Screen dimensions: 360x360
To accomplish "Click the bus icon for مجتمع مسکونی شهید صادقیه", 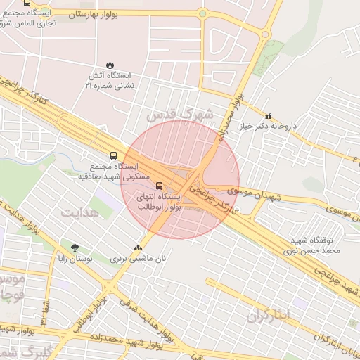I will point(113,155).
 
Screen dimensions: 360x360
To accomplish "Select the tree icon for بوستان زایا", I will point(75,247).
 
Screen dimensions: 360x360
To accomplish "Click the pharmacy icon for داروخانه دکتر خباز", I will point(267,116).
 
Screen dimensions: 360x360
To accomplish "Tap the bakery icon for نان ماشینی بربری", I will point(138,247).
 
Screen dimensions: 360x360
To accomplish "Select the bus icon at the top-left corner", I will point(27,3).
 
